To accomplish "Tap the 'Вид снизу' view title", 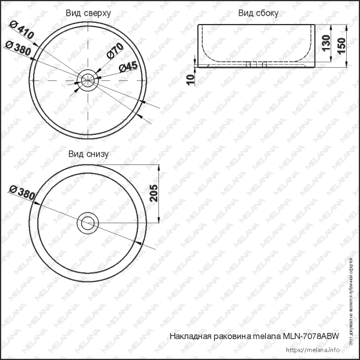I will [x=88, y=154].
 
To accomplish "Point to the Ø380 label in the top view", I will [x=17, y=49].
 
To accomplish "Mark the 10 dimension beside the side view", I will [x=190, y=78].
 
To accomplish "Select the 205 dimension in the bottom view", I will [x=153, y=193].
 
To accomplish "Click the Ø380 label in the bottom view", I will [x=22, y=193].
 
